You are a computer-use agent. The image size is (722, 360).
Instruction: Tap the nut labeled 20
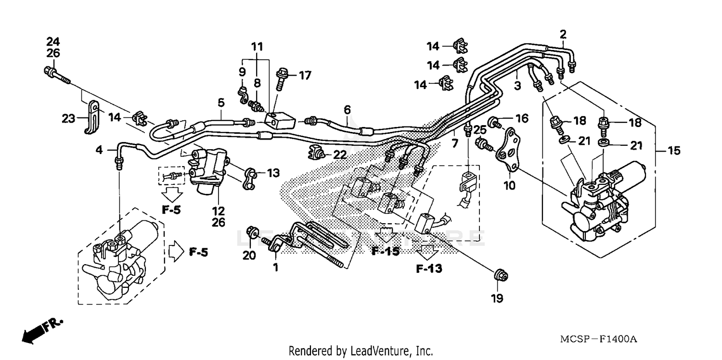(251, 233)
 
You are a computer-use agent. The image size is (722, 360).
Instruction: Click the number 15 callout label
(674, 151)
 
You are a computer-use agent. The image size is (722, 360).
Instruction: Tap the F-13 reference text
(429, 269)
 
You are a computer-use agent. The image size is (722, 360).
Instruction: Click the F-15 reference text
(385, 251)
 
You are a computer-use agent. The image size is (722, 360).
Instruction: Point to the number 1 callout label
(276, 268)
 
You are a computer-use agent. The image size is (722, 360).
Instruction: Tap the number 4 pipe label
(99, 150)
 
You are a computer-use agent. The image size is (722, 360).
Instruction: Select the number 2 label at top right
(563, 34)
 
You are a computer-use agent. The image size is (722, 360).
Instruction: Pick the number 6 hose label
(347, 110)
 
